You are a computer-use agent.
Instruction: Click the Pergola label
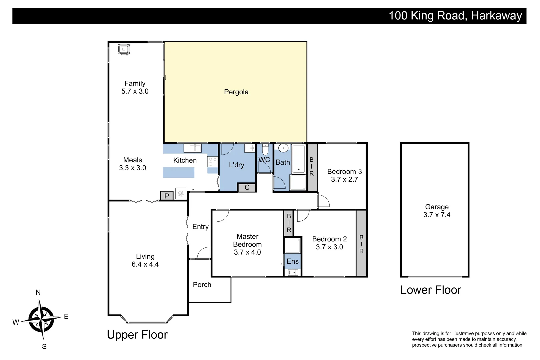point(236,92)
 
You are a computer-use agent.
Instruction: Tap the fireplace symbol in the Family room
point(124,49)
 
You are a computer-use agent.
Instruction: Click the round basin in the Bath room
point(283,148)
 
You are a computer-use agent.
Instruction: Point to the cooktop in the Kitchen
point(212,162)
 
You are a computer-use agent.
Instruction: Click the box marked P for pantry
point(167,196)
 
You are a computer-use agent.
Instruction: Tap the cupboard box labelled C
point(247,188)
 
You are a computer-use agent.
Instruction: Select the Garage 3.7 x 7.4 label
point(437,211)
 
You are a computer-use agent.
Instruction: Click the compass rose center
point(41,319)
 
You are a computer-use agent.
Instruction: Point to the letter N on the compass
point(38,292)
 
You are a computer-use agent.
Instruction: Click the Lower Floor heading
point(430,290)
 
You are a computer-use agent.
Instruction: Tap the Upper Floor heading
point(137,335)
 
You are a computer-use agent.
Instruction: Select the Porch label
point(202,285)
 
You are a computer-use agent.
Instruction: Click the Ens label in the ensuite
point(293,261)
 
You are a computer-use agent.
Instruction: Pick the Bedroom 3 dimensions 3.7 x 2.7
point(344,180)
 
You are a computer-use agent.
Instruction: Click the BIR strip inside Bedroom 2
point(361,244)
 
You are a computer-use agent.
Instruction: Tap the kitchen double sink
point(193,148)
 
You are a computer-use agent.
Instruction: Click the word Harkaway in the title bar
point(496,16)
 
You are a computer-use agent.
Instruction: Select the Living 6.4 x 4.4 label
point(145,260)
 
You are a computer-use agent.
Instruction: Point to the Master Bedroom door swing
point(222,216)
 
